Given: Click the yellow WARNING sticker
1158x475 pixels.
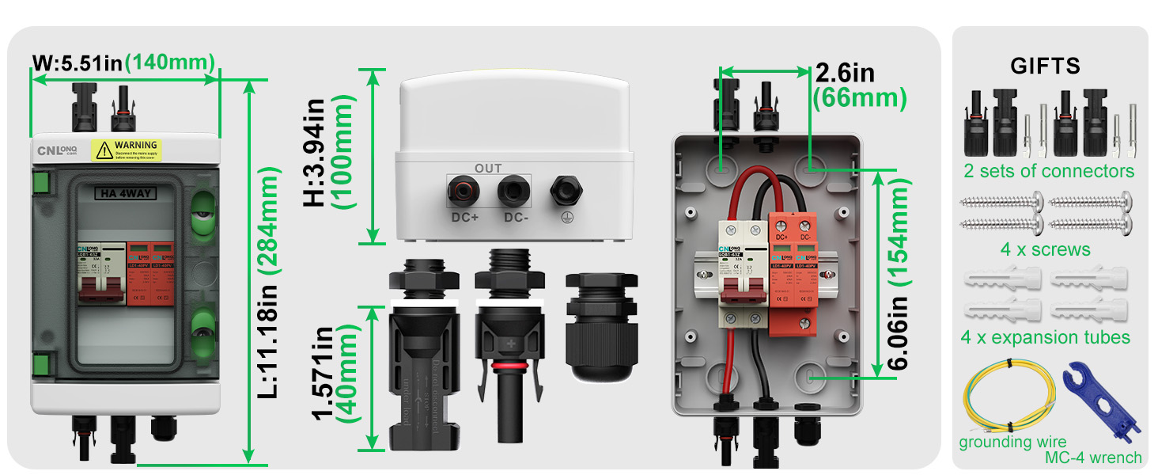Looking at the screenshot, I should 126,149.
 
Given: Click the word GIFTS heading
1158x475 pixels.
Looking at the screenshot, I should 1045,66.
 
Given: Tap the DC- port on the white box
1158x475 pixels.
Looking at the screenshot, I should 512,192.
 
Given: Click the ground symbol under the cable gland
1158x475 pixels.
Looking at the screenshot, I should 564,218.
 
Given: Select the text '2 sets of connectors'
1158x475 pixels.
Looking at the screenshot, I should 1049,171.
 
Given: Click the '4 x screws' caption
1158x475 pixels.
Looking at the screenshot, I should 1045,249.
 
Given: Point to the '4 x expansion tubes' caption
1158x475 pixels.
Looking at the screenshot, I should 1045,337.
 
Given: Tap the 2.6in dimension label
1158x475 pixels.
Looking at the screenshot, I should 845,74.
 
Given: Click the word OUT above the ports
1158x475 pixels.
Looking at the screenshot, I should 488,168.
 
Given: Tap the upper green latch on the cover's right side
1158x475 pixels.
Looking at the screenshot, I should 202,212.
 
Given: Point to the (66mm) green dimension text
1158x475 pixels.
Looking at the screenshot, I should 861,98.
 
